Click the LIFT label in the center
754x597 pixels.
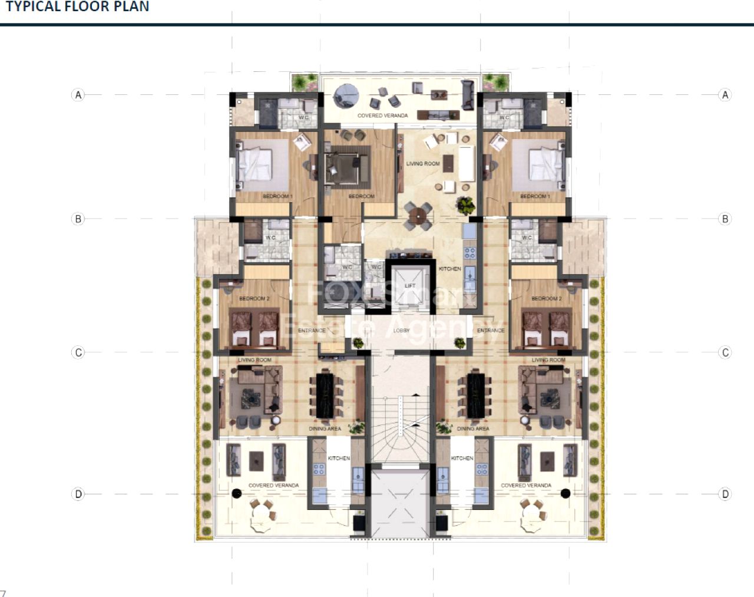[x=410, y=286]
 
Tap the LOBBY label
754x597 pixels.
[x=401, y=331]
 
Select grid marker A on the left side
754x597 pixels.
[x=78, y=95]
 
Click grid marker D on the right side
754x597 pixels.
[x=725, y=494]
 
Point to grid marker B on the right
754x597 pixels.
[x=725, y=219]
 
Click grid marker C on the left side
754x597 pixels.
[x=78, y=352]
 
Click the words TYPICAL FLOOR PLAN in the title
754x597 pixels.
[x=77, y=7]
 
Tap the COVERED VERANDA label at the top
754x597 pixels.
[x=382, y=116]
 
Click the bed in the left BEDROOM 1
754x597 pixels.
[x=254, y=165]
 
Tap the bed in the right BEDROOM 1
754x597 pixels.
[x=547, y=165]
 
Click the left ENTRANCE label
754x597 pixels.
[x=312, y=331]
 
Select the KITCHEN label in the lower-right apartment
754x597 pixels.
[x=462, y=458]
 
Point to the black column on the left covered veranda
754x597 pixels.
[x=237, y=493]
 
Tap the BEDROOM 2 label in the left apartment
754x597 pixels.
[x=254, y=299]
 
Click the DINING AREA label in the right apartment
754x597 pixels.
[x=472, y=428]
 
